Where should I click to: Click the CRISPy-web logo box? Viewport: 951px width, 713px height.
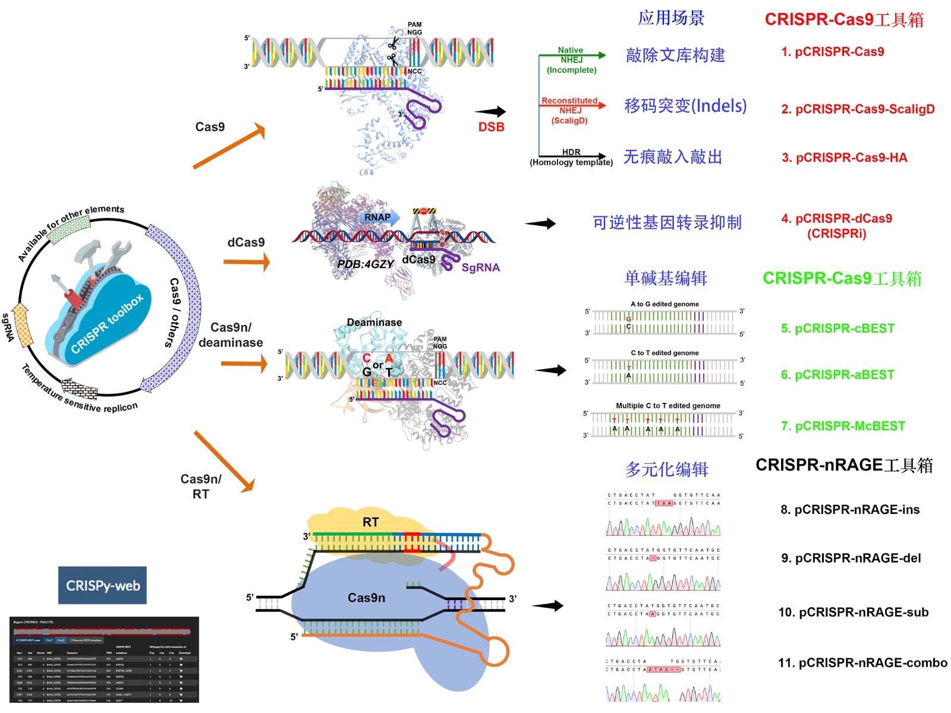(102, 585)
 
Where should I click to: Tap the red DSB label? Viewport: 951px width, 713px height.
(491, 127)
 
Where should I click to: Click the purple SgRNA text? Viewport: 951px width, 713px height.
(480, 267)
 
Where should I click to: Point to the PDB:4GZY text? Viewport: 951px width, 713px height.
(365, 264)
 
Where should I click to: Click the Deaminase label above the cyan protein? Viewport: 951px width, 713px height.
(374, 322)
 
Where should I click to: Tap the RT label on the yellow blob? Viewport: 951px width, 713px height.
(370, 522)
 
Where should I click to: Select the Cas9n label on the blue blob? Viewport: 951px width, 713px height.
(366, 598)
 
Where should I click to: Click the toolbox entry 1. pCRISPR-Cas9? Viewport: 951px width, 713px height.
(832, 52)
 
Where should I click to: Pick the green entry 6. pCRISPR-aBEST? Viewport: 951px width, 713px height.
(837, 375)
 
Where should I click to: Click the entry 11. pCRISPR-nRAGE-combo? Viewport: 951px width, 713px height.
(862, 662)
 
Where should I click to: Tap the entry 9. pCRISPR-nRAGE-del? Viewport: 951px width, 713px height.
(851, 558)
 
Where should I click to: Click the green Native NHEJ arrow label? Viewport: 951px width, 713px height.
(571, 55)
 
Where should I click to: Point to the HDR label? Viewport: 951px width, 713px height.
(571, 152)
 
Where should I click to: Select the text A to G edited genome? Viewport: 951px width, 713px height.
(665, 304)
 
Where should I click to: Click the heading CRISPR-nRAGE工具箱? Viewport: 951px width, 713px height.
(844, 465)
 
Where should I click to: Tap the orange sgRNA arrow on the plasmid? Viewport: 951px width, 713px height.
(23, 325)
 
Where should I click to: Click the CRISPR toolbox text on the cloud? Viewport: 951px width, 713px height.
(107, 324)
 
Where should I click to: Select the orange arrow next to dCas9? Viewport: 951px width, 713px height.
(247, 261)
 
